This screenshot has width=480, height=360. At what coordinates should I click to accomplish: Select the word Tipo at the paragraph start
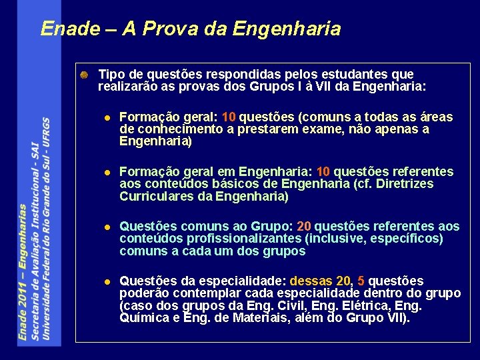pyautogui.click(x=111, y=74)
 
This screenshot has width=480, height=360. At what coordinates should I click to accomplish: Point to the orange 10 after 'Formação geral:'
pyautogui.click(x=229, y=117)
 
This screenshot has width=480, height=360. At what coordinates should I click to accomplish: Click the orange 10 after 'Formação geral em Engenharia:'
pyautogui.click(x=323, y=172)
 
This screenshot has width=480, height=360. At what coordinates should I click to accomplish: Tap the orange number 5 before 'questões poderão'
pyautogui.click(x=361, y=281)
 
